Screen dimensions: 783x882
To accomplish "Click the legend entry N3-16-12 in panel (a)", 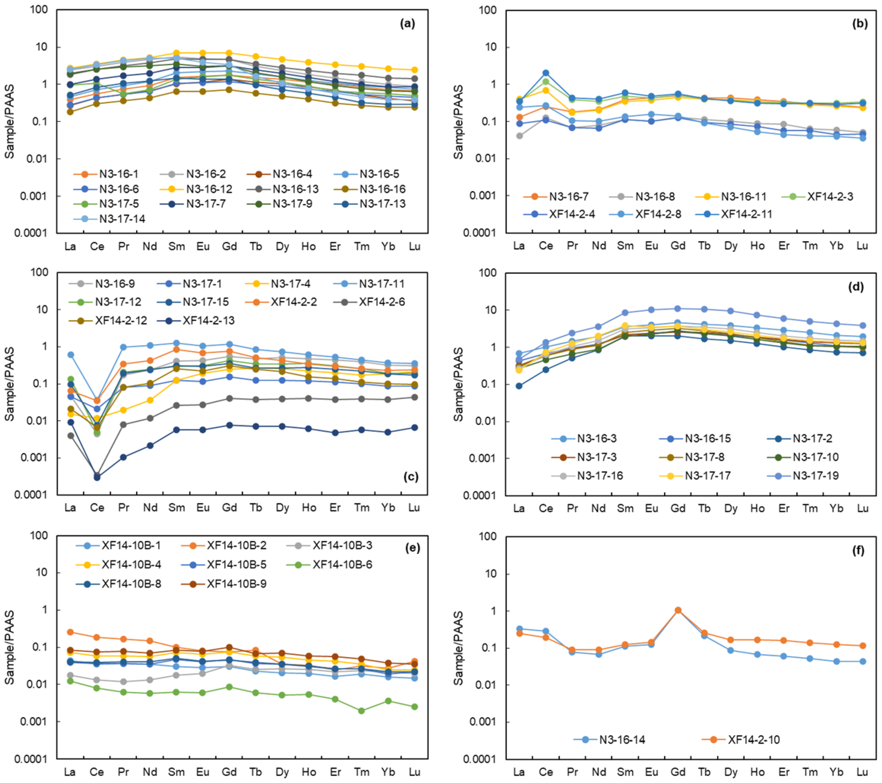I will tap(209, 189).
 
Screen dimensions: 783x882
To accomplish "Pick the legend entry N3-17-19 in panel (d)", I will tap(815, 475).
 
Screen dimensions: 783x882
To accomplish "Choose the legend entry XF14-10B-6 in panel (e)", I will tap(342, 565).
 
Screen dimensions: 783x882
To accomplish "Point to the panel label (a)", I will tap(407, 24).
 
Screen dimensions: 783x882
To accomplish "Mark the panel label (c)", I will tap(410, 476).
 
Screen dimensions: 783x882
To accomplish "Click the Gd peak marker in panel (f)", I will tap(678, 610).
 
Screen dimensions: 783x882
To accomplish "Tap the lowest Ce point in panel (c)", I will tap(97, 477).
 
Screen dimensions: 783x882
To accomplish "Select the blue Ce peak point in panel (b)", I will tap(546, 73).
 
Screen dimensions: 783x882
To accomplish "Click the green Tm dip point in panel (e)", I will tap(362, 710).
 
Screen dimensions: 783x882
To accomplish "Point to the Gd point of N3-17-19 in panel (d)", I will tap(678, 309).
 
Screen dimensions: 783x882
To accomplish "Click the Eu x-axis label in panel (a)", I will tap(203, 247).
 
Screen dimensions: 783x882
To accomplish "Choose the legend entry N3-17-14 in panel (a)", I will tap(122, 219).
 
